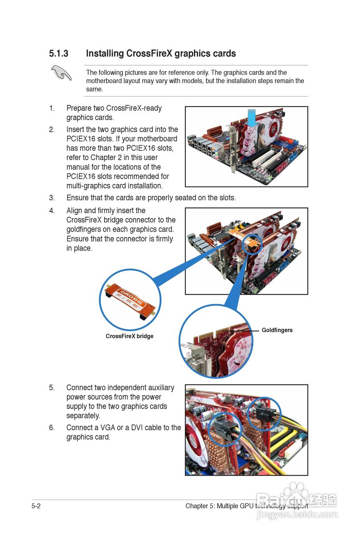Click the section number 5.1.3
point(58,54)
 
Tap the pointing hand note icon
point(61,73)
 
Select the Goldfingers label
point(277,330)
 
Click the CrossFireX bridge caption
point(130,336)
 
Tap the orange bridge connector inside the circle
point(130,300)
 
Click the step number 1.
point(52,108)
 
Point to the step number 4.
point(52,211)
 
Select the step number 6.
point(52,428)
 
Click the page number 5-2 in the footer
point(36,506)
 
